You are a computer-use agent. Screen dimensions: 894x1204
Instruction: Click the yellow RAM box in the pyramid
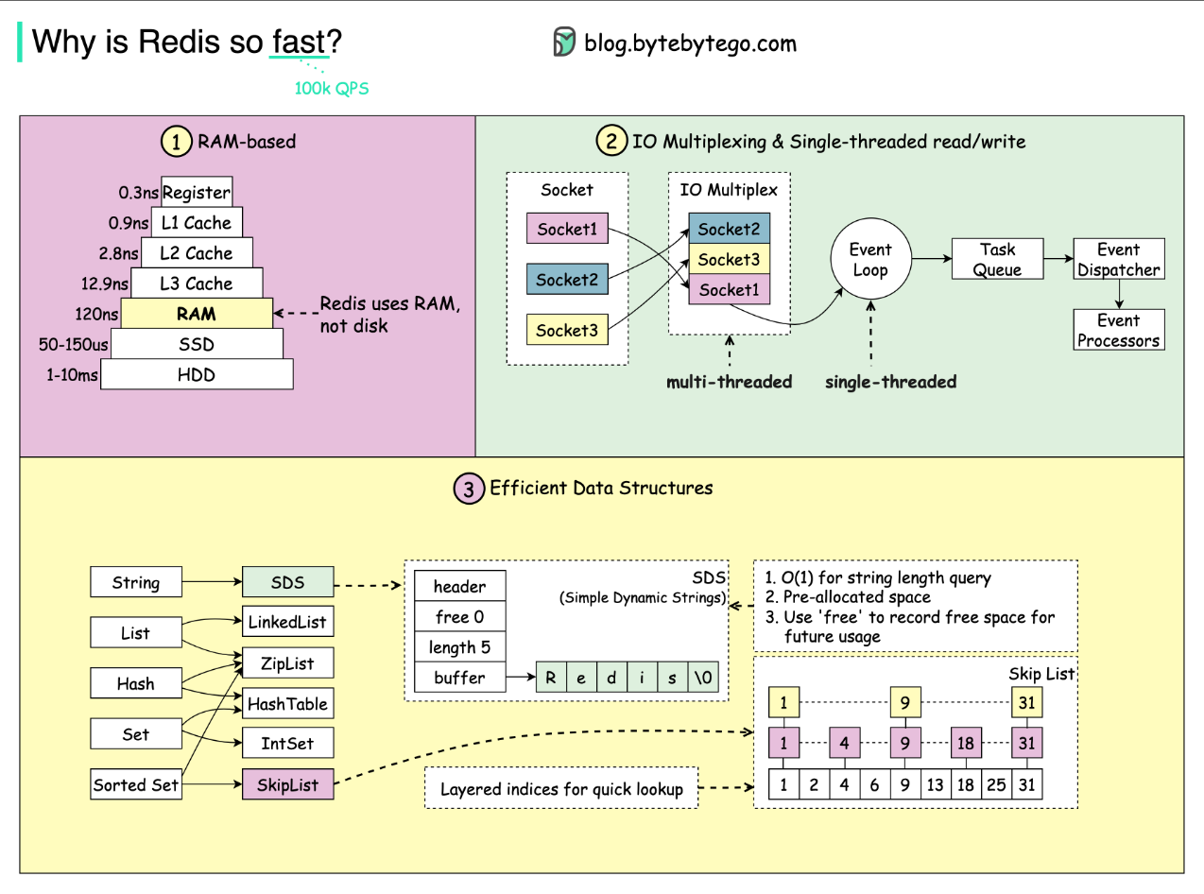[197, 314]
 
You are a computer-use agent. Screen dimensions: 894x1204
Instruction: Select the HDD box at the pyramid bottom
[197, 374]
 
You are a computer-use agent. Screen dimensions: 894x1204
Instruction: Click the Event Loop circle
[869, 260]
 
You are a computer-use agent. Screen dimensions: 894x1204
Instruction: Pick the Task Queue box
[997, 260]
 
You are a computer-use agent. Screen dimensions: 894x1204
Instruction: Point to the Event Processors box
[1118, 331]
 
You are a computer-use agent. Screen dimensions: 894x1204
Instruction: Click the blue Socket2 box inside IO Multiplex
[729, 230]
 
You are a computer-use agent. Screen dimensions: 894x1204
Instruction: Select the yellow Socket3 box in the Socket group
[567, 330]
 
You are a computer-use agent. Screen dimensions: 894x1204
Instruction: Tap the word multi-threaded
[729, 382]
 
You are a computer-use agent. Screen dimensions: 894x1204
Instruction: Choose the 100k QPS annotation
[332, 89]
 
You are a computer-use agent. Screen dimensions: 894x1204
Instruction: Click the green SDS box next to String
[287, 582]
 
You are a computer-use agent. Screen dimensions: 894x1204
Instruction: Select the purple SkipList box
[287, 784]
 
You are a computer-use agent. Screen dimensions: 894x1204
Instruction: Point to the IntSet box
[287, 743]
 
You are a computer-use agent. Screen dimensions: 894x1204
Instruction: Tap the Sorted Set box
[136, 784]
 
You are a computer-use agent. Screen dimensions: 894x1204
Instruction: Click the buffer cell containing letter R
[551, 678]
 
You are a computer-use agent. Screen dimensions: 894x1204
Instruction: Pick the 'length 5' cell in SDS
[459, 647]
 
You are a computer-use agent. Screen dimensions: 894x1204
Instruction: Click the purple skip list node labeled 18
[966, 743]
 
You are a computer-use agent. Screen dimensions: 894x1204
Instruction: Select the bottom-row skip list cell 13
[936, 784]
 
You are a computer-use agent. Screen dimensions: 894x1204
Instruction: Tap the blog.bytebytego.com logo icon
[564, 43]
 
